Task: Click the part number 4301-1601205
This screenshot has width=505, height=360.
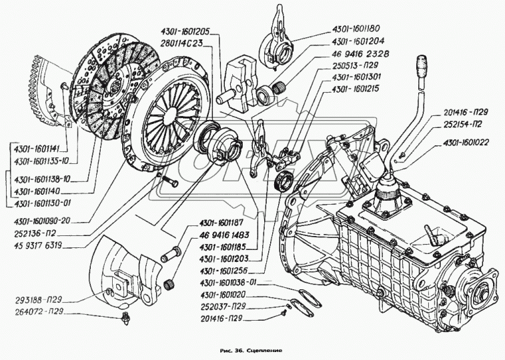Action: tap(185, 31)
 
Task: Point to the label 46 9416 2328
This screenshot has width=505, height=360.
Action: tap(358, 53)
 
